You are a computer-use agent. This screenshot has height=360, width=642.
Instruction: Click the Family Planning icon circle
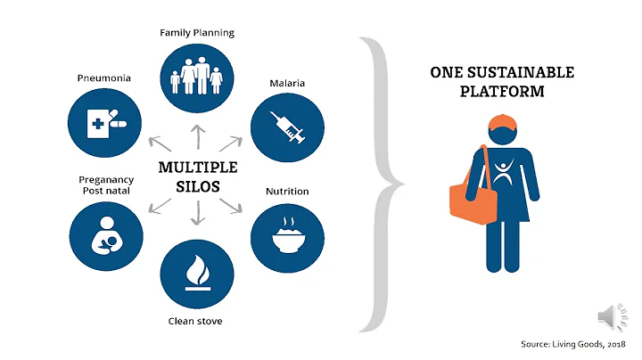pos(197,78)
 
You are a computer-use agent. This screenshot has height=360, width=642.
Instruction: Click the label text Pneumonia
pos(104,78)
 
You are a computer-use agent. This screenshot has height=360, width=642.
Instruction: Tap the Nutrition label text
pos(287,191)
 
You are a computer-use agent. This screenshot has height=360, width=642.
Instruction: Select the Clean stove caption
pos(197,322)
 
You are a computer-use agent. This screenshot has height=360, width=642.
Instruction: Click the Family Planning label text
pos(197,33)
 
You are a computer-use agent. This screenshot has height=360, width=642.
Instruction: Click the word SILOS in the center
pos(197,186)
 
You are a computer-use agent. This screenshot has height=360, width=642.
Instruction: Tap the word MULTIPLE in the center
pos(197,167)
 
